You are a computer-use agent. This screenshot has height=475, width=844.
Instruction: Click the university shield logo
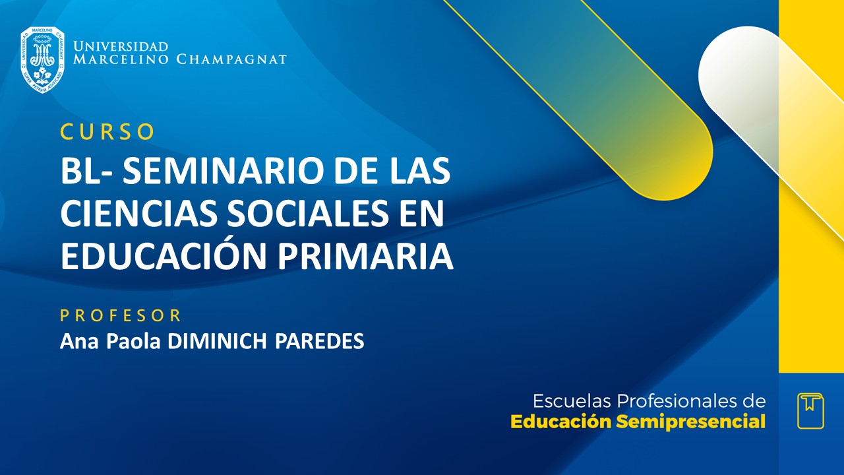(42, 59)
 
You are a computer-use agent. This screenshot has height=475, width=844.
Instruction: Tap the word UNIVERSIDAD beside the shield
(121, 47)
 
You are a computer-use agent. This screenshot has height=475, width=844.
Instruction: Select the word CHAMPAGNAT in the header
(231, 59)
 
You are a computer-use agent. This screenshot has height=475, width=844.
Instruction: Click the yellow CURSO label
(107, 132)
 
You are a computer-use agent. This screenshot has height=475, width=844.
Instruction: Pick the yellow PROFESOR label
(121, 315)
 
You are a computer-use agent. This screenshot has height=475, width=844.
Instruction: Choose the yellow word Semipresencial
(691, 422)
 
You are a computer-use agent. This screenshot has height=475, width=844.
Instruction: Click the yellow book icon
(810, 411)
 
